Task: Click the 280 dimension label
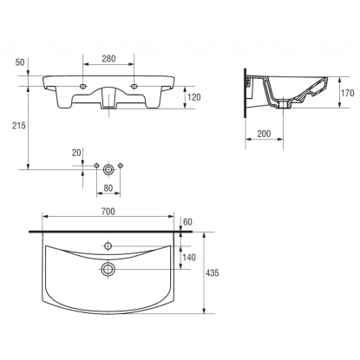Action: [x=108, y=59]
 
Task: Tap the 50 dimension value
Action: [x=20, y=62]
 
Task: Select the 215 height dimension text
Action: [x=18, y=126]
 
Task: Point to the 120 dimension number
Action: [x=193, y=97]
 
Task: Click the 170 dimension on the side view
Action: [x=347, y=93]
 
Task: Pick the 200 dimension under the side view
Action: [x=264, y=134]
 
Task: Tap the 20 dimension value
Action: [x=76, y=153]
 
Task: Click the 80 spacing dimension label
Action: [x=108, y=188]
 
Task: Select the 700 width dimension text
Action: [x=108, y=212]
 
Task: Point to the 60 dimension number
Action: [x=187, y=222]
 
